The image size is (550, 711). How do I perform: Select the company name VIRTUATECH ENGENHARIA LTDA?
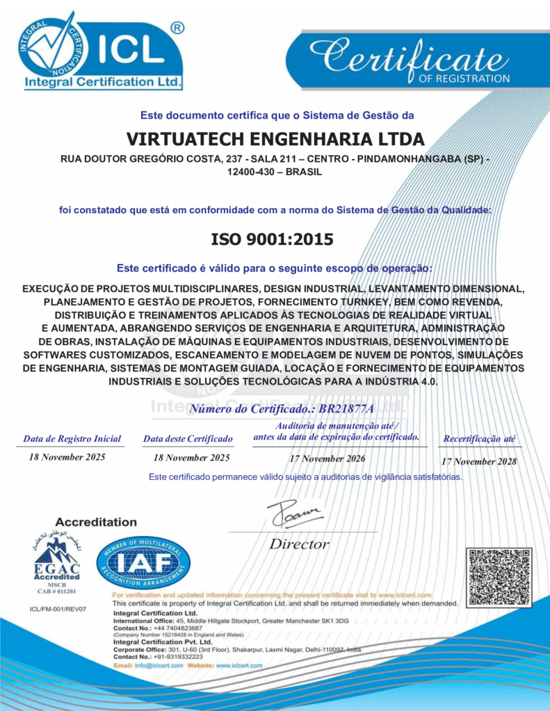[x=275, y=138]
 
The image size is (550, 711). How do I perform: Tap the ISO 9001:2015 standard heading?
[x=273, y=240]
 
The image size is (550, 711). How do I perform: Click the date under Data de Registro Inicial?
[x=67, y=457]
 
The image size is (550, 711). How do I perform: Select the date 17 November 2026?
[x=327, y=458]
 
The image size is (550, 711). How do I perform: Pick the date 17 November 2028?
[x=478, y=462]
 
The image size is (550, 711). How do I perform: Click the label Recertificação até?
[x=480, y=439]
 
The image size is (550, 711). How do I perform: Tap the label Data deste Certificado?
[x=188, y=439]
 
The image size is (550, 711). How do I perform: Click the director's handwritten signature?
[x=296, y=515]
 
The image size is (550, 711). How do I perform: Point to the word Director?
[x=300, y=544]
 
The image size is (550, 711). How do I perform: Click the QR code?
[x=500, y=577]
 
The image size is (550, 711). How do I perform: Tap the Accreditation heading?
[x=96, y=522]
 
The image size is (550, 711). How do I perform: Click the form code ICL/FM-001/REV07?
[x=58, y=609]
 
